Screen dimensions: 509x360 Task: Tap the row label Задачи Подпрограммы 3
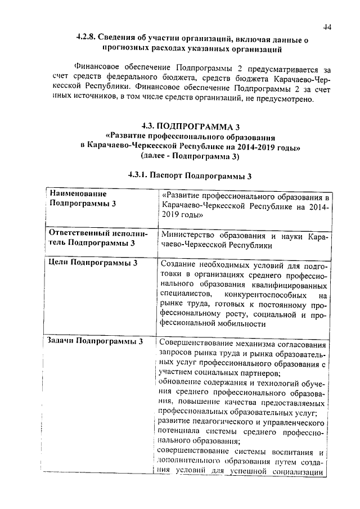tap(96, 341)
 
